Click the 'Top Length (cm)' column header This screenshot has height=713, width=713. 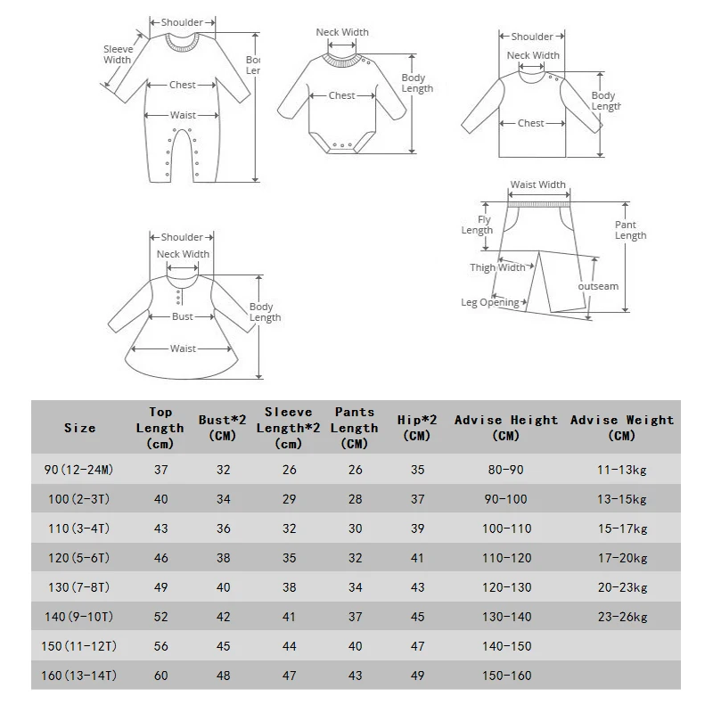[160, 427]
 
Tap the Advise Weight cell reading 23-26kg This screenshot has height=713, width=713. [622, 617]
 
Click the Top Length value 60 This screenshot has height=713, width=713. [160, 676]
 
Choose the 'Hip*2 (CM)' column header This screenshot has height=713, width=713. [416, 427]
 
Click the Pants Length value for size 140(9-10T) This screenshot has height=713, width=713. [355, 617]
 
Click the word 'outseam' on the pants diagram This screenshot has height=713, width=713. [598, 287]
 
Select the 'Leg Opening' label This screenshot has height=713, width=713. [489, 303]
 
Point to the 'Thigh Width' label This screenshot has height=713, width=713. [497, 267]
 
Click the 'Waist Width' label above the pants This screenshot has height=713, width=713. [537, 185]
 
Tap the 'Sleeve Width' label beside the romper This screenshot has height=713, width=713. [117, 55]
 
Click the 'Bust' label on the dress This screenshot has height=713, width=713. [183, 316]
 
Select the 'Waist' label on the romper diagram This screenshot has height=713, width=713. [183, 115]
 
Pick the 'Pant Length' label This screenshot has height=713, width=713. [630, 230]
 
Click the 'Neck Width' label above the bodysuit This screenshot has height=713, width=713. [342, 33]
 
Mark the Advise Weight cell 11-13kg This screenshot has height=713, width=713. [622, 470]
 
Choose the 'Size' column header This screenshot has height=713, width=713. [80, 428]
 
